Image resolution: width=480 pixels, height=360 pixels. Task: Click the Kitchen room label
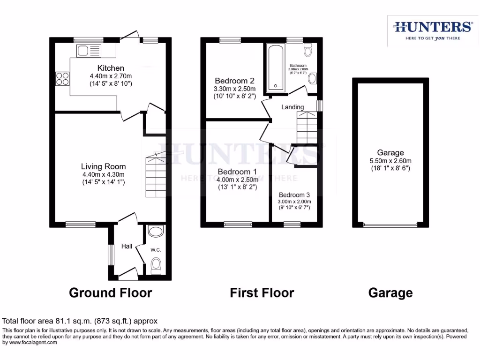tap(111, 68)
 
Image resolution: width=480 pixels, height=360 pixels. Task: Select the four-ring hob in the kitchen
tap(62, 78)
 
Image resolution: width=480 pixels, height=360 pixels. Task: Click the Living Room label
tap(103, 166)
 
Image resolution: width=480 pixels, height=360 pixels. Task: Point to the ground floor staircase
tap(155, 177)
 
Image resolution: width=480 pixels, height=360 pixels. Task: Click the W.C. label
tap(156, 250)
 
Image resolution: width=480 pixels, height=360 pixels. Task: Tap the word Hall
tap(127, 246)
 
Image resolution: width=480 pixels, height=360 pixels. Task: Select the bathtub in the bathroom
tap(275, 68)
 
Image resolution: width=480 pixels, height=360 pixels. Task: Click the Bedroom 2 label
tap(234, 80)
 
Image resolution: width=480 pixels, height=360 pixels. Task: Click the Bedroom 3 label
tap(294, 195)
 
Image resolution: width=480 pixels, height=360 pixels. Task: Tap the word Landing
tap(292, 107)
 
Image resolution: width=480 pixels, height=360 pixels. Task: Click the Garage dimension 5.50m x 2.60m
tap(390, 160)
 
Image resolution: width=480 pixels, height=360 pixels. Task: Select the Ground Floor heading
tap(110, 293)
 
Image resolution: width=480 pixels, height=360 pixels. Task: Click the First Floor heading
tap(262, 293)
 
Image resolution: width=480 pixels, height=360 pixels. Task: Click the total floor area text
tap(80, 321)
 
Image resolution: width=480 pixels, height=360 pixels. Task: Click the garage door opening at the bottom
tap(390, 225)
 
